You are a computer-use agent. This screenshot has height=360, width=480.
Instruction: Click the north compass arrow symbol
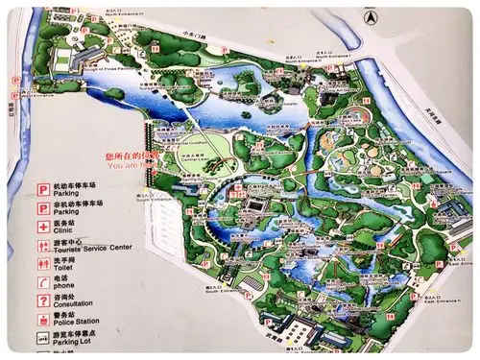tap(369, 16)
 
